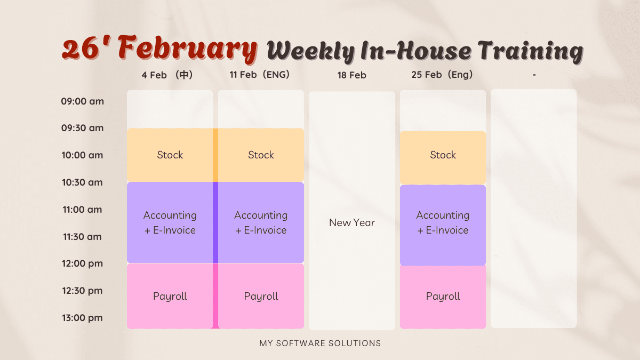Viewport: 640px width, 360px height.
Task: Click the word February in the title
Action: pyautogui.click(x=187, y=49)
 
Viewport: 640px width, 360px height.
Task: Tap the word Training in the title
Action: pyautogui.click(x=531, y=51)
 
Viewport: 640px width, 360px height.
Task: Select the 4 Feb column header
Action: pyautogui.click(x=167, y=75)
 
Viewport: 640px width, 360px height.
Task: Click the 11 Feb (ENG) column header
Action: pyautogui.click(x=259, y=75)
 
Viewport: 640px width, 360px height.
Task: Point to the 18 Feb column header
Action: pyautogui.click(x=351, y=75)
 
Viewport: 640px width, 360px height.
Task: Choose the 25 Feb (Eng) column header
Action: pyautogui.click(x=442, y=75)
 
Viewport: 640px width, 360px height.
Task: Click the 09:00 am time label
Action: pyautogui.click(x=82, y=101)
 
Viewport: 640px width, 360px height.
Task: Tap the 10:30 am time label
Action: pyautogui.click(x=82, y=182)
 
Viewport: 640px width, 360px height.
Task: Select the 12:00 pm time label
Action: pyautogui.click(x=82, y=263)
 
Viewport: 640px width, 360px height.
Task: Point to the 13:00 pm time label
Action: pyautogui.click(x=82, y=318)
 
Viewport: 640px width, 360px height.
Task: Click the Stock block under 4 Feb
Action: pyautogui.click(x=170, y=155)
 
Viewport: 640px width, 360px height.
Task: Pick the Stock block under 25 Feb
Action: pyautogui.click(x=443, y=158)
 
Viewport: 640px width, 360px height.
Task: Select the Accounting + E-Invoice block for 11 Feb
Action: pyautogui.click(x=261, y=222)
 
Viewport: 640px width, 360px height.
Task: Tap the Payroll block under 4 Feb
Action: pyautogui.click(x=170, y=296)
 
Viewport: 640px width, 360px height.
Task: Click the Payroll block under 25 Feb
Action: pyautogui.click(x=443, y=297)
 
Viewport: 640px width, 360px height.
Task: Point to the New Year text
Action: pyautogui.click(x=351, y=222)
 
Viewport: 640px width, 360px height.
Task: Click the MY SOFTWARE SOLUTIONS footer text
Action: pyautogui.click(x=320, y=343)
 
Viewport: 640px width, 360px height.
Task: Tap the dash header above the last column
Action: pyautogui.click(x=534, y=75)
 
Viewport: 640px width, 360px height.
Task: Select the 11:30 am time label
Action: pyautogui.click(x=82, y=237)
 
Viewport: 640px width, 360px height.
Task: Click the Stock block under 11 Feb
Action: pyautogui.click(x=261, y=155)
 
